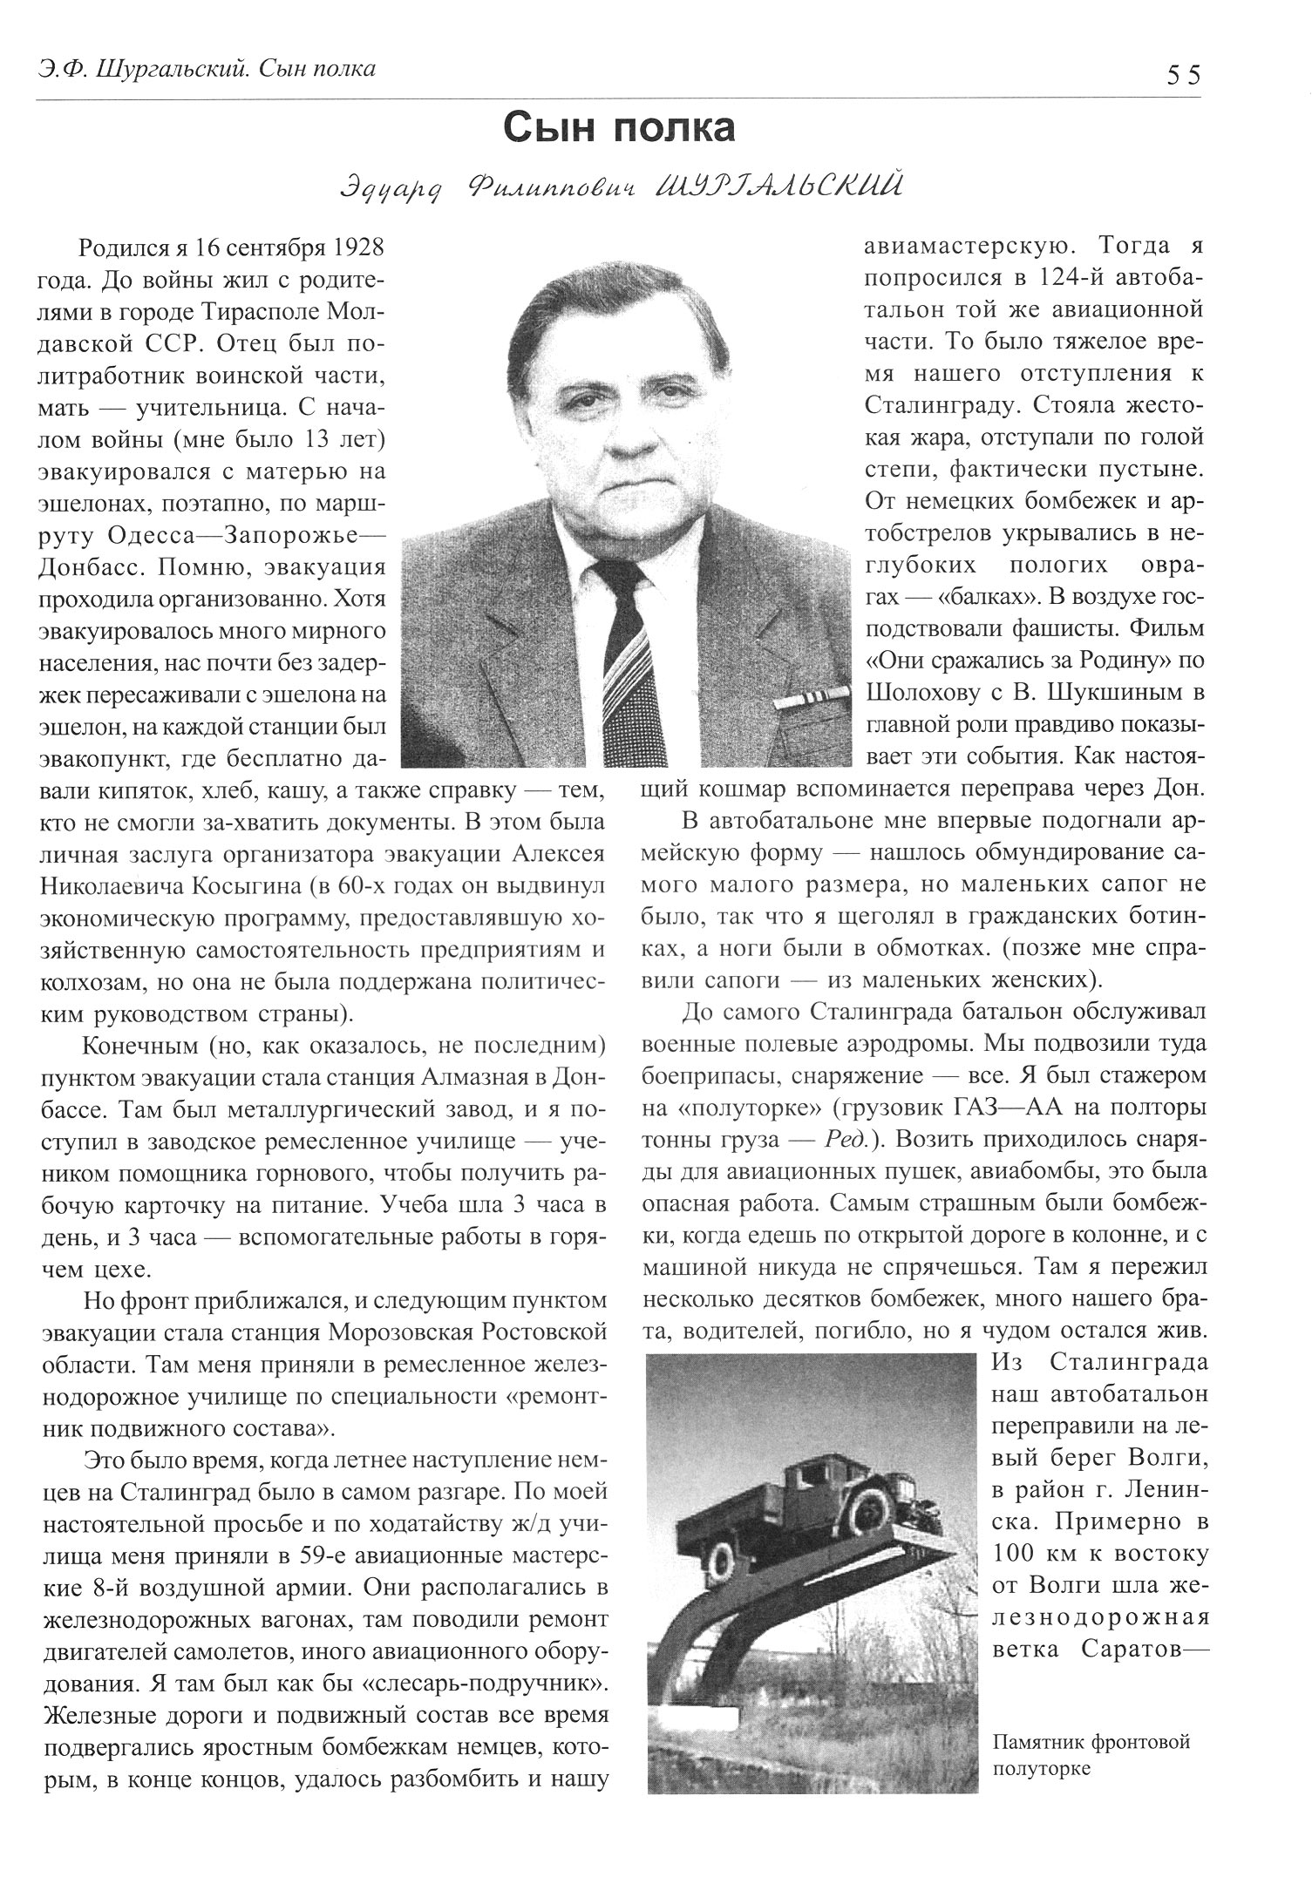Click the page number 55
[x=1183, y=75]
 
